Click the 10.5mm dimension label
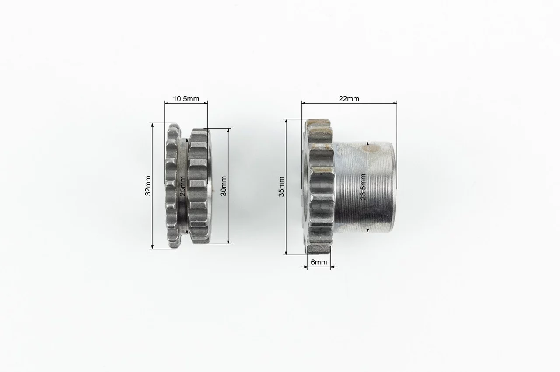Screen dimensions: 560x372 click(186, 99)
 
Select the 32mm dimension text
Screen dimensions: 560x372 click(148, 186)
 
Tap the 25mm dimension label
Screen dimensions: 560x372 click(183, 186)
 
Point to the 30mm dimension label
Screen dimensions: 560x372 click(224, 186)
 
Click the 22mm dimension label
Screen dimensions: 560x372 click(349, 99)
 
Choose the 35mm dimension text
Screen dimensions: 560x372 click(281, 187)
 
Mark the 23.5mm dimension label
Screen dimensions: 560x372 click(363, 187)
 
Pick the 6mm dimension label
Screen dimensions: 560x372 click(319, 262)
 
